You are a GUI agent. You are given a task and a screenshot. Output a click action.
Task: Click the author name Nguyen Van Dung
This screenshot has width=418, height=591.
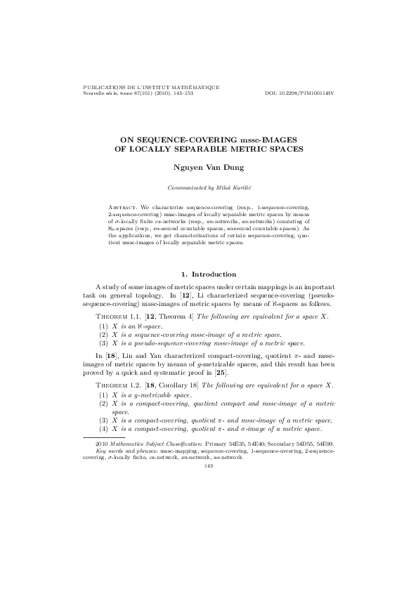tap(209, 168)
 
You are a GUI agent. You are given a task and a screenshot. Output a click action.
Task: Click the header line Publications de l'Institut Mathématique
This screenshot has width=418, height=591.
tap(152, 88)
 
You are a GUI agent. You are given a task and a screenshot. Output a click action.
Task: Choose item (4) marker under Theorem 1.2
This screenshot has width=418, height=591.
tap(103, 428)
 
